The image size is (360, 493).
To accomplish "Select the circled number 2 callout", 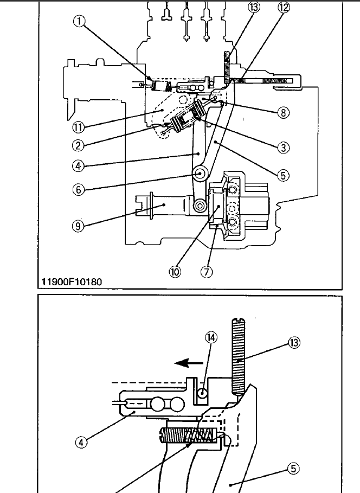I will [79, 145].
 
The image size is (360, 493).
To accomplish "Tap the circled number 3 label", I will [281, 148].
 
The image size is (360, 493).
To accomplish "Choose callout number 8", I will [281, 113].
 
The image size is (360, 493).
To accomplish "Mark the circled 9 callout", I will [79, 226].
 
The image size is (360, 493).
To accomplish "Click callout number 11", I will [79, 127].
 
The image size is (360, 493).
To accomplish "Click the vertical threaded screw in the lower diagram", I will [238, 356].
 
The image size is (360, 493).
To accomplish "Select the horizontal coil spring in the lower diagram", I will [190, 434].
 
